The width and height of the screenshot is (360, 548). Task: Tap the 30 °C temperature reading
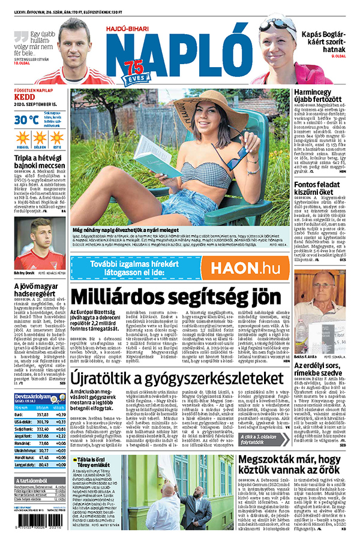26,119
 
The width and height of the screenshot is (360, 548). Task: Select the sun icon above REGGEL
22,137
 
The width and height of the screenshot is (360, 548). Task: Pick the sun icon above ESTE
57,137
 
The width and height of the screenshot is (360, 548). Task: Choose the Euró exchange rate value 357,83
43,414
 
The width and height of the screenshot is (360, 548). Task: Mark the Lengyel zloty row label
24,464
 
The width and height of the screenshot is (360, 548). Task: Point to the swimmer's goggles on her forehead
277,25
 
